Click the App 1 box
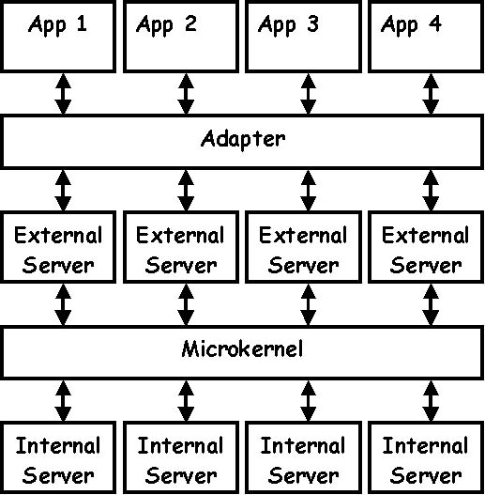tap(58, 37)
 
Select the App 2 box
tap(181, 37)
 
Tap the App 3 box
tap(303, 37)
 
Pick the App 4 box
tap(426, 37)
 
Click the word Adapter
tap(243, 139)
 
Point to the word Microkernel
tap(242, 349)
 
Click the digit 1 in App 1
tap(82, 23)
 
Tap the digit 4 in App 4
tap(435, 23)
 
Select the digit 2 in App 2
tap(190, 23)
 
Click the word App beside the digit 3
tap(277, 25)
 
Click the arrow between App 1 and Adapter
tap(63, 94)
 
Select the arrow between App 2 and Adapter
tap(186, 94)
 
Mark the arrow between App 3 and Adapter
tap(308, 94)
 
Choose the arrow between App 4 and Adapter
tap(431, 94)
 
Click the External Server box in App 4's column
tap(426, 247)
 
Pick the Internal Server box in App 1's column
tap(58, 457)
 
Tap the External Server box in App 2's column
tap(181, 247)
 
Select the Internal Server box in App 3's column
tap(303, 457)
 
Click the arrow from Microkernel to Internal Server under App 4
tap(431, 401)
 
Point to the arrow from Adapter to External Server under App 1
tap(63, 191)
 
